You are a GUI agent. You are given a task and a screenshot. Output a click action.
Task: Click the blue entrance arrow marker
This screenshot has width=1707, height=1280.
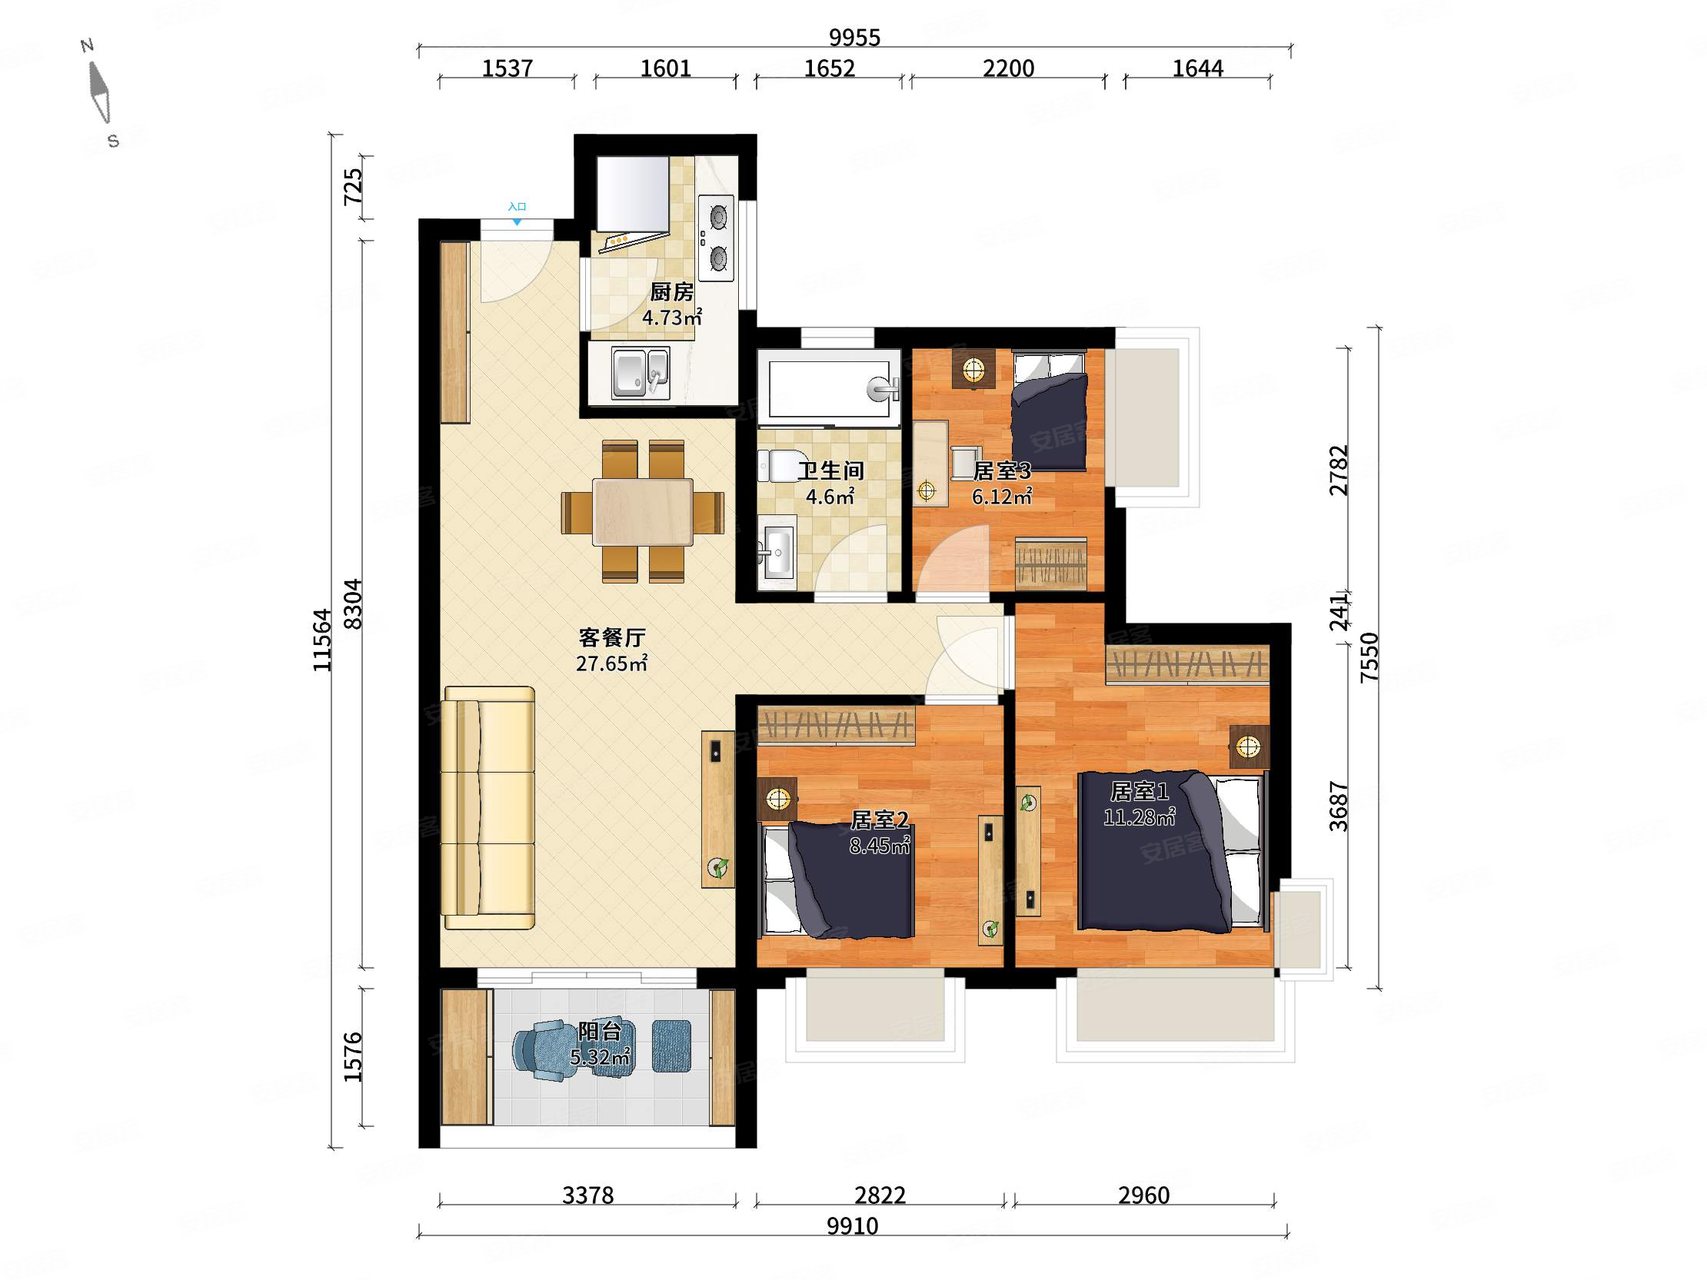[517, 222]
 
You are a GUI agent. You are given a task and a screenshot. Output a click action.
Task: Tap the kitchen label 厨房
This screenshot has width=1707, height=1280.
[671, 292]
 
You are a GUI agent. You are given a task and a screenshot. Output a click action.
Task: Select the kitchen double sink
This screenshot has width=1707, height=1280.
[640, 374]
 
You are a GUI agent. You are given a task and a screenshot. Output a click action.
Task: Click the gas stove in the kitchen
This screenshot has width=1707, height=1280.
[716, 238]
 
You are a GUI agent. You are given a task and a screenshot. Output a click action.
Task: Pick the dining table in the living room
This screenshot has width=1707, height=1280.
[643, 512]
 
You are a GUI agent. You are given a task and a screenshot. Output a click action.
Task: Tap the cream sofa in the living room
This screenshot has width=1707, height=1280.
[488, 808]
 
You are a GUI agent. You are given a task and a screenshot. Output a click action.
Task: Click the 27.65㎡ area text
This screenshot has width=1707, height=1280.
[611, 663]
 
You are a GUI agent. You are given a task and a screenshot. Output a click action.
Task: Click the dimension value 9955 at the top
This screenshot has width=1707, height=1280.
[854, 37]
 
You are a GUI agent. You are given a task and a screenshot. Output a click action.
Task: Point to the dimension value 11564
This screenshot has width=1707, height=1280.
[322, 640]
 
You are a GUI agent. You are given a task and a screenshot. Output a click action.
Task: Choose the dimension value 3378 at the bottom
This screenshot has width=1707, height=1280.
[587, 1195]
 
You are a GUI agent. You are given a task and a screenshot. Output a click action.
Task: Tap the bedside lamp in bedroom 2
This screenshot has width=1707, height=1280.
[778, 799]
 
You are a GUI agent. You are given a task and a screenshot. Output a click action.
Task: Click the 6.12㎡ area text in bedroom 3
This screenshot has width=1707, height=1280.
[1002, 497]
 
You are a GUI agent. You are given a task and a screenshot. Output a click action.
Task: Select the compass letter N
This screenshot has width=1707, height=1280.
[87, 45]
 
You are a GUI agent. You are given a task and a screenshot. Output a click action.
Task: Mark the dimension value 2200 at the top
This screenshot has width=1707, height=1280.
[1008, 68]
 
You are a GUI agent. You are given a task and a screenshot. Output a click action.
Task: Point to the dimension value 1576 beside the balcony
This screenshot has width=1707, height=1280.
[353, 1057]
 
